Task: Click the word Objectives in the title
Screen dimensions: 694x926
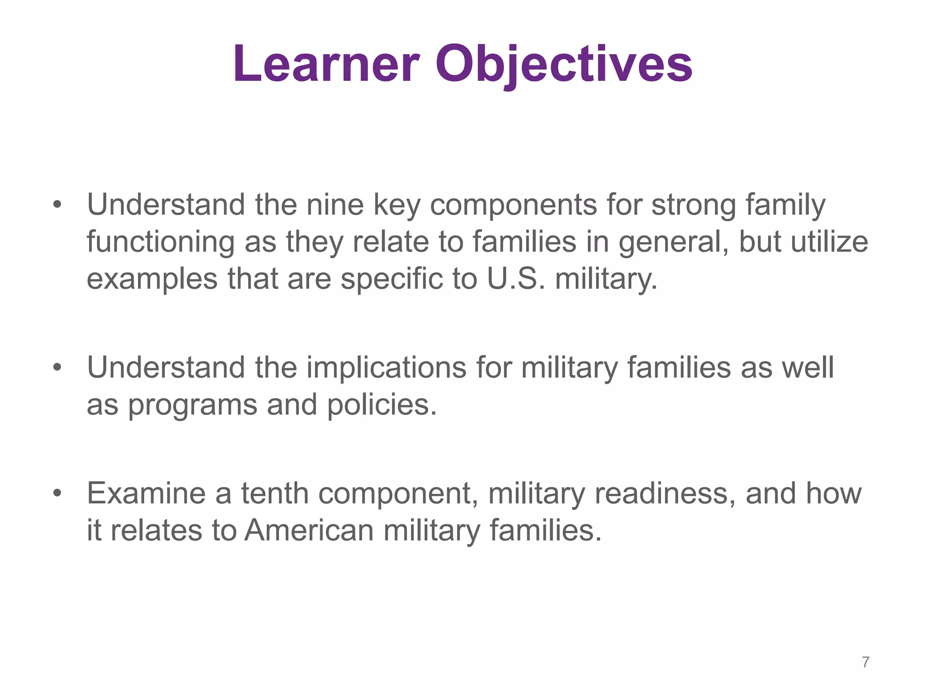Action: tap(563, 64)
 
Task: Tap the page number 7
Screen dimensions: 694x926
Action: tap(865, 662)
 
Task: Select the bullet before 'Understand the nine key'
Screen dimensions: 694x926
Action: tap(57, 205)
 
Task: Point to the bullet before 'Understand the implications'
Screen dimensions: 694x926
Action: tap(57, 367)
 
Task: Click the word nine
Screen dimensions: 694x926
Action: tap(335, 205)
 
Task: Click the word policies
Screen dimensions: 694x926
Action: tap(382, 404)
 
